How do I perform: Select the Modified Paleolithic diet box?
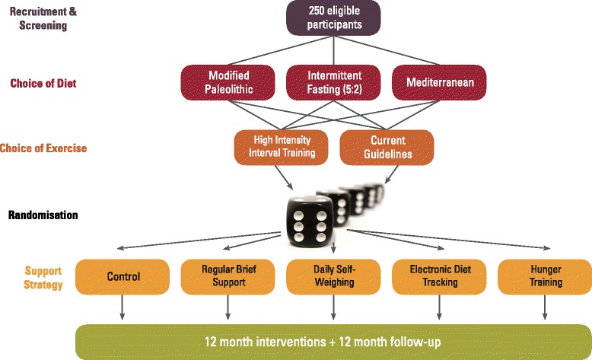point(229,82)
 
